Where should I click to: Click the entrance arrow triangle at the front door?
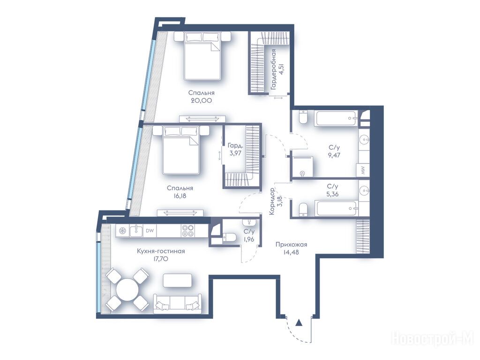click(299, 322)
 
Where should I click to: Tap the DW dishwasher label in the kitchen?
click(150, 231)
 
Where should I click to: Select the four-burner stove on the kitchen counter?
click(188, 231)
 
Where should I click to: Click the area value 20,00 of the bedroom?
click(201, 100)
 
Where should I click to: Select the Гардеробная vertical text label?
click(273, 69)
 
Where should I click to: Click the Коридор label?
click(272, 201)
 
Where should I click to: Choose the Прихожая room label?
click(291, 245)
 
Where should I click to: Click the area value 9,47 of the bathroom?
click(334, 155)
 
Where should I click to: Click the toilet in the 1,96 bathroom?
click(229, 237)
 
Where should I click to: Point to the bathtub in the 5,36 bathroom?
click(337, 209)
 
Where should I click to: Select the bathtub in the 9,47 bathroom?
click(336, 118)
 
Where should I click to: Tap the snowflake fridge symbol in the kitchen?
click(122, 231)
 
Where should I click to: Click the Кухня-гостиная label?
click(161, 251)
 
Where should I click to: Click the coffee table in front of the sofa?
click(178, 280)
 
